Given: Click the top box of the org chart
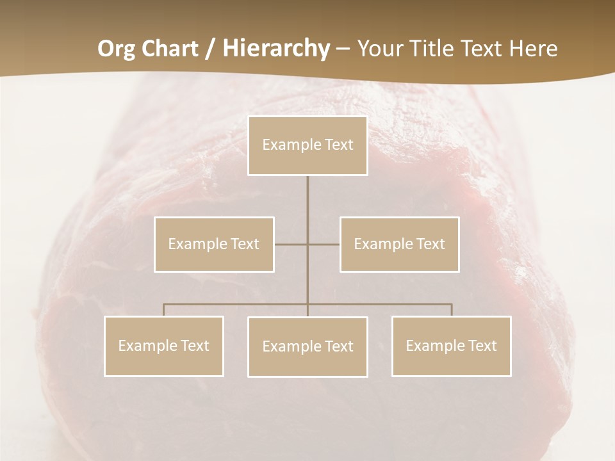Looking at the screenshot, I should click(307, 145).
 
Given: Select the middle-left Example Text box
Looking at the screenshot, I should click(214, 244).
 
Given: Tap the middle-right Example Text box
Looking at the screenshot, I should click(399, 244).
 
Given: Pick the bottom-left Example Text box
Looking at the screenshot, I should click(164, 346).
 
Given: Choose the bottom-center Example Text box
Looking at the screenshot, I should click(307, 346).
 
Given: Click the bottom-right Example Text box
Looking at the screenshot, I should click(451, 346).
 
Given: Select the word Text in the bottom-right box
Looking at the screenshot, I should click(481, 346).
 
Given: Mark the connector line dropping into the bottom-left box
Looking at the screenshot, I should click(164, 310).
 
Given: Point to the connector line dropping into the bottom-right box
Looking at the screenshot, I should click(452, 310).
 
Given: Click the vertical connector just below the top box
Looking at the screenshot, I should click(307, 192).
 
